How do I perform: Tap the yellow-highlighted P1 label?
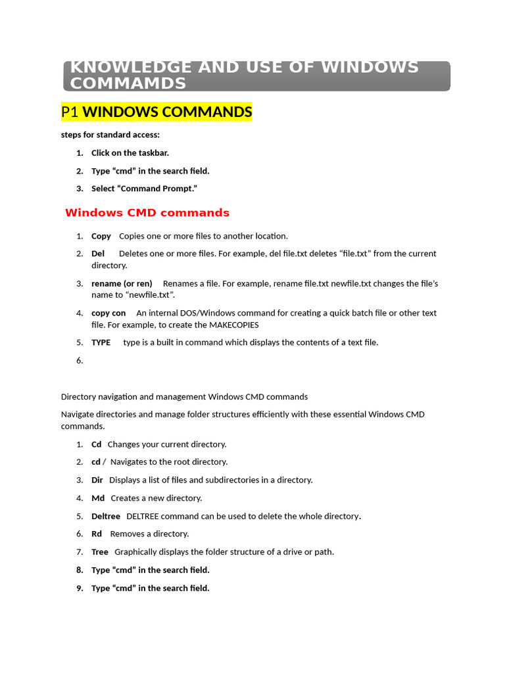point(70,112)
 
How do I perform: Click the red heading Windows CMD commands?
point(147,213)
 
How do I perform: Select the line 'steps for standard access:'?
point(110,135)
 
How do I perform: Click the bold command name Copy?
point(101,236)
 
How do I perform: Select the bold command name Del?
point(98,254)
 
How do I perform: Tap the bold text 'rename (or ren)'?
point(122,284)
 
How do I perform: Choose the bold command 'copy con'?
point(108,313)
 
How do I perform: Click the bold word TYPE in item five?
point(101,342)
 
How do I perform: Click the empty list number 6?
point(80,361)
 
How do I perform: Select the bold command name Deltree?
point(106,517)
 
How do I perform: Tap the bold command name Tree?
point(100,552)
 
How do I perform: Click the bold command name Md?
point(98,498)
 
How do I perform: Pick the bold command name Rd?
point(97,534)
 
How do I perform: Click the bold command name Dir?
point(97,480)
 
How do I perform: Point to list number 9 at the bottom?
point(80,588)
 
